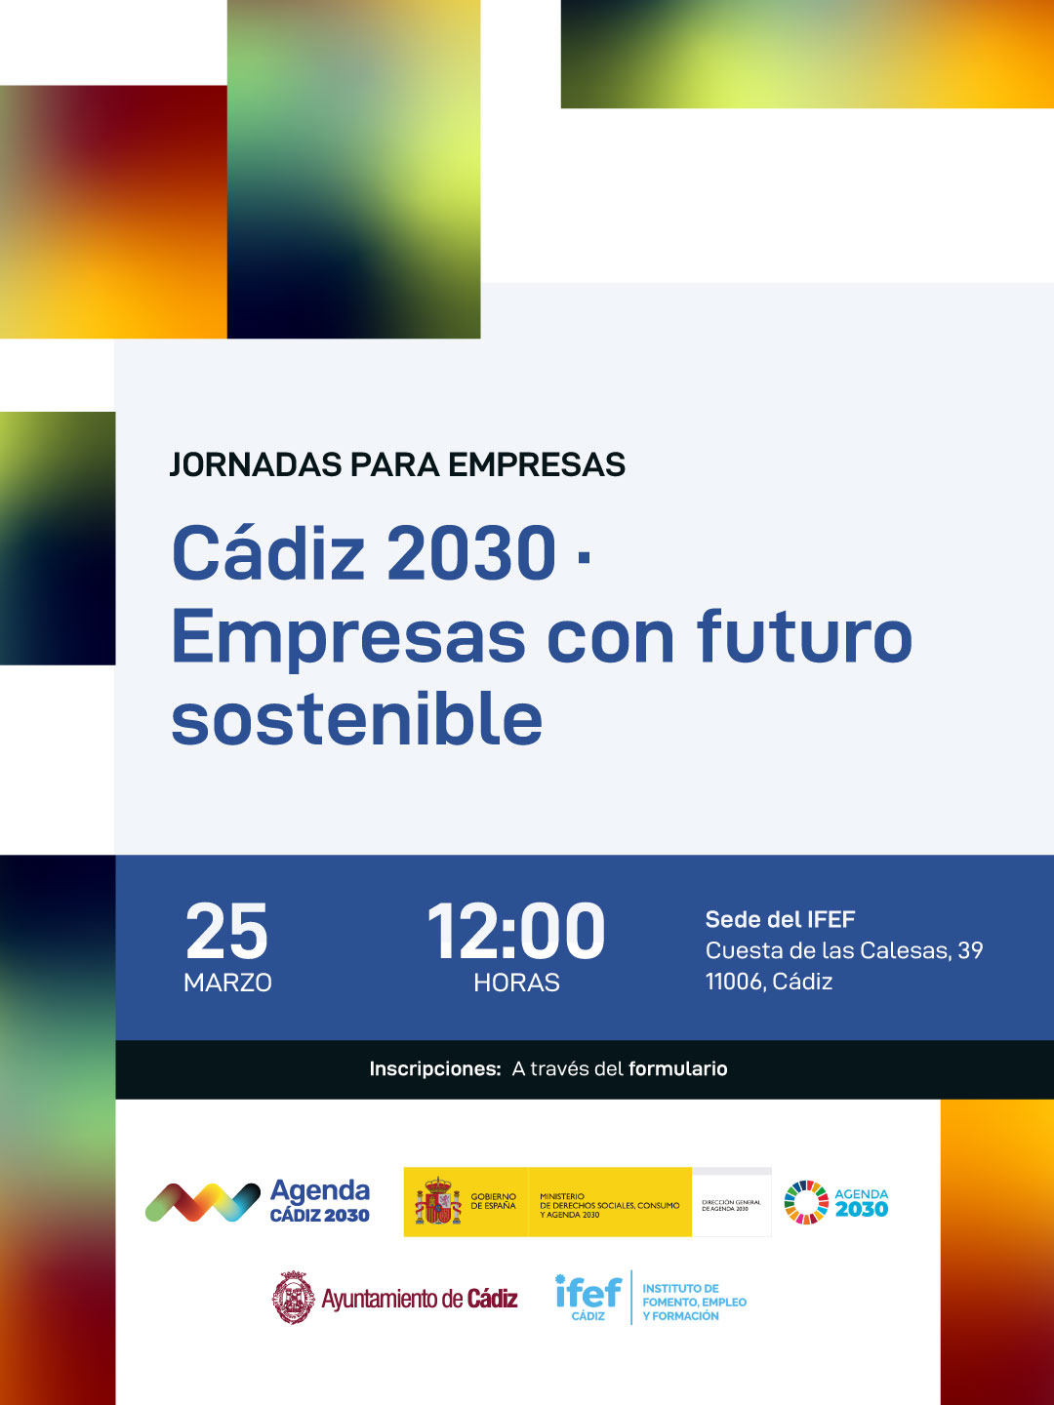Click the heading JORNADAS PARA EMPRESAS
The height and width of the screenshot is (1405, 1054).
pos(397,465)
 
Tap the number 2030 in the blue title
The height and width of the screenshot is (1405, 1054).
pos(471,553)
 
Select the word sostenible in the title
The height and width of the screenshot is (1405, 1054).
pos(356,720)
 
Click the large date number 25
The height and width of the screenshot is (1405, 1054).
pos(226,932)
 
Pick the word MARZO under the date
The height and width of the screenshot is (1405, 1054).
pos(227,983)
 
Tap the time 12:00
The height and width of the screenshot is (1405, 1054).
pos(516,932)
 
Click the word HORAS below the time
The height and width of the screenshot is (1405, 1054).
pos(516,983)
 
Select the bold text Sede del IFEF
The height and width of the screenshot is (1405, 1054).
pos(780,919)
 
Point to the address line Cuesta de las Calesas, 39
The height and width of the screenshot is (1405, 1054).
pos(844,950)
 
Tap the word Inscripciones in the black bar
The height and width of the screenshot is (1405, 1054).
pos(434,1069)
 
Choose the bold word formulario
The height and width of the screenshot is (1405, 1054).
pos(677,1069)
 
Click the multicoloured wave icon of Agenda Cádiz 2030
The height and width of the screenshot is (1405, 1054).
pos(202,1202)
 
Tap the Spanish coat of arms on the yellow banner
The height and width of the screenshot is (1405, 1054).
pos(438,1202)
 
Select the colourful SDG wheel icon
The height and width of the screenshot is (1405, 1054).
pos(806,1202)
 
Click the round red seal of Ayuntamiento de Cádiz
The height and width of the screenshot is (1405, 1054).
pos(293,1298)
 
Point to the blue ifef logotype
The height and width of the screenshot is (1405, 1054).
pos(588,1293)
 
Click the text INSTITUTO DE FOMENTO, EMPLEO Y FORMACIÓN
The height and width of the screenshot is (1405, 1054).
pos(694,1303)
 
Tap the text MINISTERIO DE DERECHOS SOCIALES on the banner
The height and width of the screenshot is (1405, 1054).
pos(609,1205)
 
